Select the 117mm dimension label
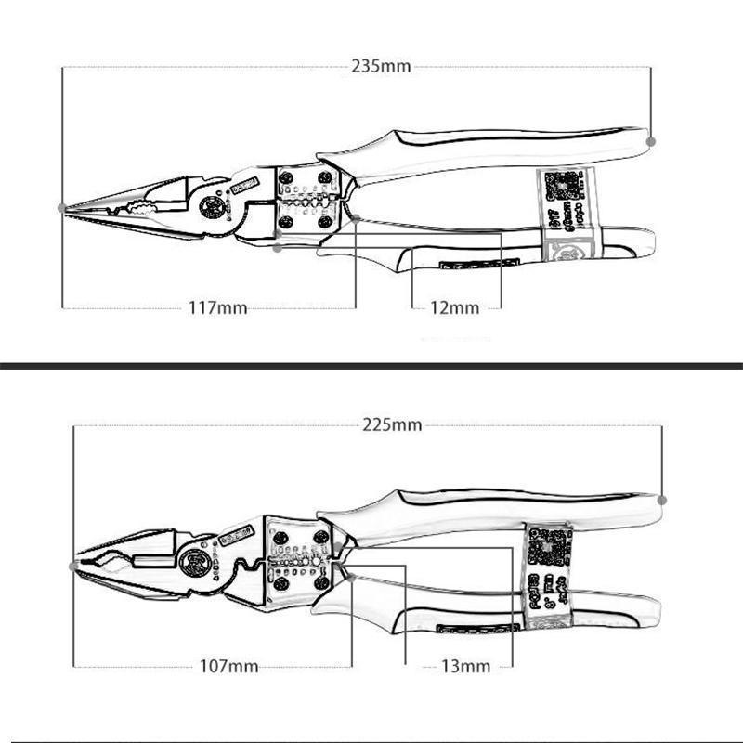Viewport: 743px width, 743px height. tap(219, 307)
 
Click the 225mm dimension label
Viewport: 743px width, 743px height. tap(392, 424)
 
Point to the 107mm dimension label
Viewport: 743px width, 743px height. tap(229, 666)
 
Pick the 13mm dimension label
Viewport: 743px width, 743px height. tap(463, 666)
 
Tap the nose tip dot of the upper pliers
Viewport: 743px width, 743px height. tap(62, 207)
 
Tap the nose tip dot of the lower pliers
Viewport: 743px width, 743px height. tap(74, 565)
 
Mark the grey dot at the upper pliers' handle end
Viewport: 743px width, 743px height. tap(650, 140)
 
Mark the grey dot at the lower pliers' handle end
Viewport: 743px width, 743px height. tap(662, 500)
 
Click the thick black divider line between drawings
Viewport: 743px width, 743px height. tap(371, 366)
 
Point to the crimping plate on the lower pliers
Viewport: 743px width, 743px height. tap(297, 557)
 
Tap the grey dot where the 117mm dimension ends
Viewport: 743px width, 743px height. tap(356, 219)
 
